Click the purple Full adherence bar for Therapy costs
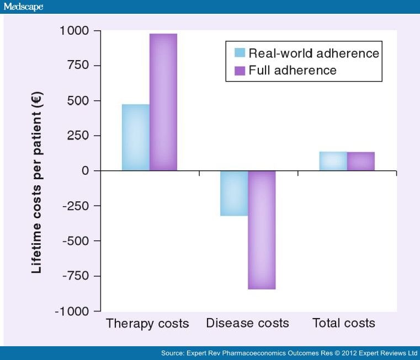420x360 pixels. point(163,102)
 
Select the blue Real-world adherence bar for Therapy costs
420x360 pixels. point(135,137)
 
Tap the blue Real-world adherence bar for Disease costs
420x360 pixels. point(234,193)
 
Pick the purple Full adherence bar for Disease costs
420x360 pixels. point(262,230)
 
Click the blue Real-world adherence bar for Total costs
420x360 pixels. point(333,161)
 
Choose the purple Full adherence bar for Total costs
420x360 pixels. point(361,161)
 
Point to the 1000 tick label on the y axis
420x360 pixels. point(73,31)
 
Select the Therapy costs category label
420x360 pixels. point(147,323)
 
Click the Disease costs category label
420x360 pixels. point(247,323)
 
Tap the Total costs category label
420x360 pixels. point(344,323)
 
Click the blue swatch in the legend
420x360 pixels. point(240,53)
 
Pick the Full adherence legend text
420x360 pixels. point(293,71)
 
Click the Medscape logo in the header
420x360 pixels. point(23,7)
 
